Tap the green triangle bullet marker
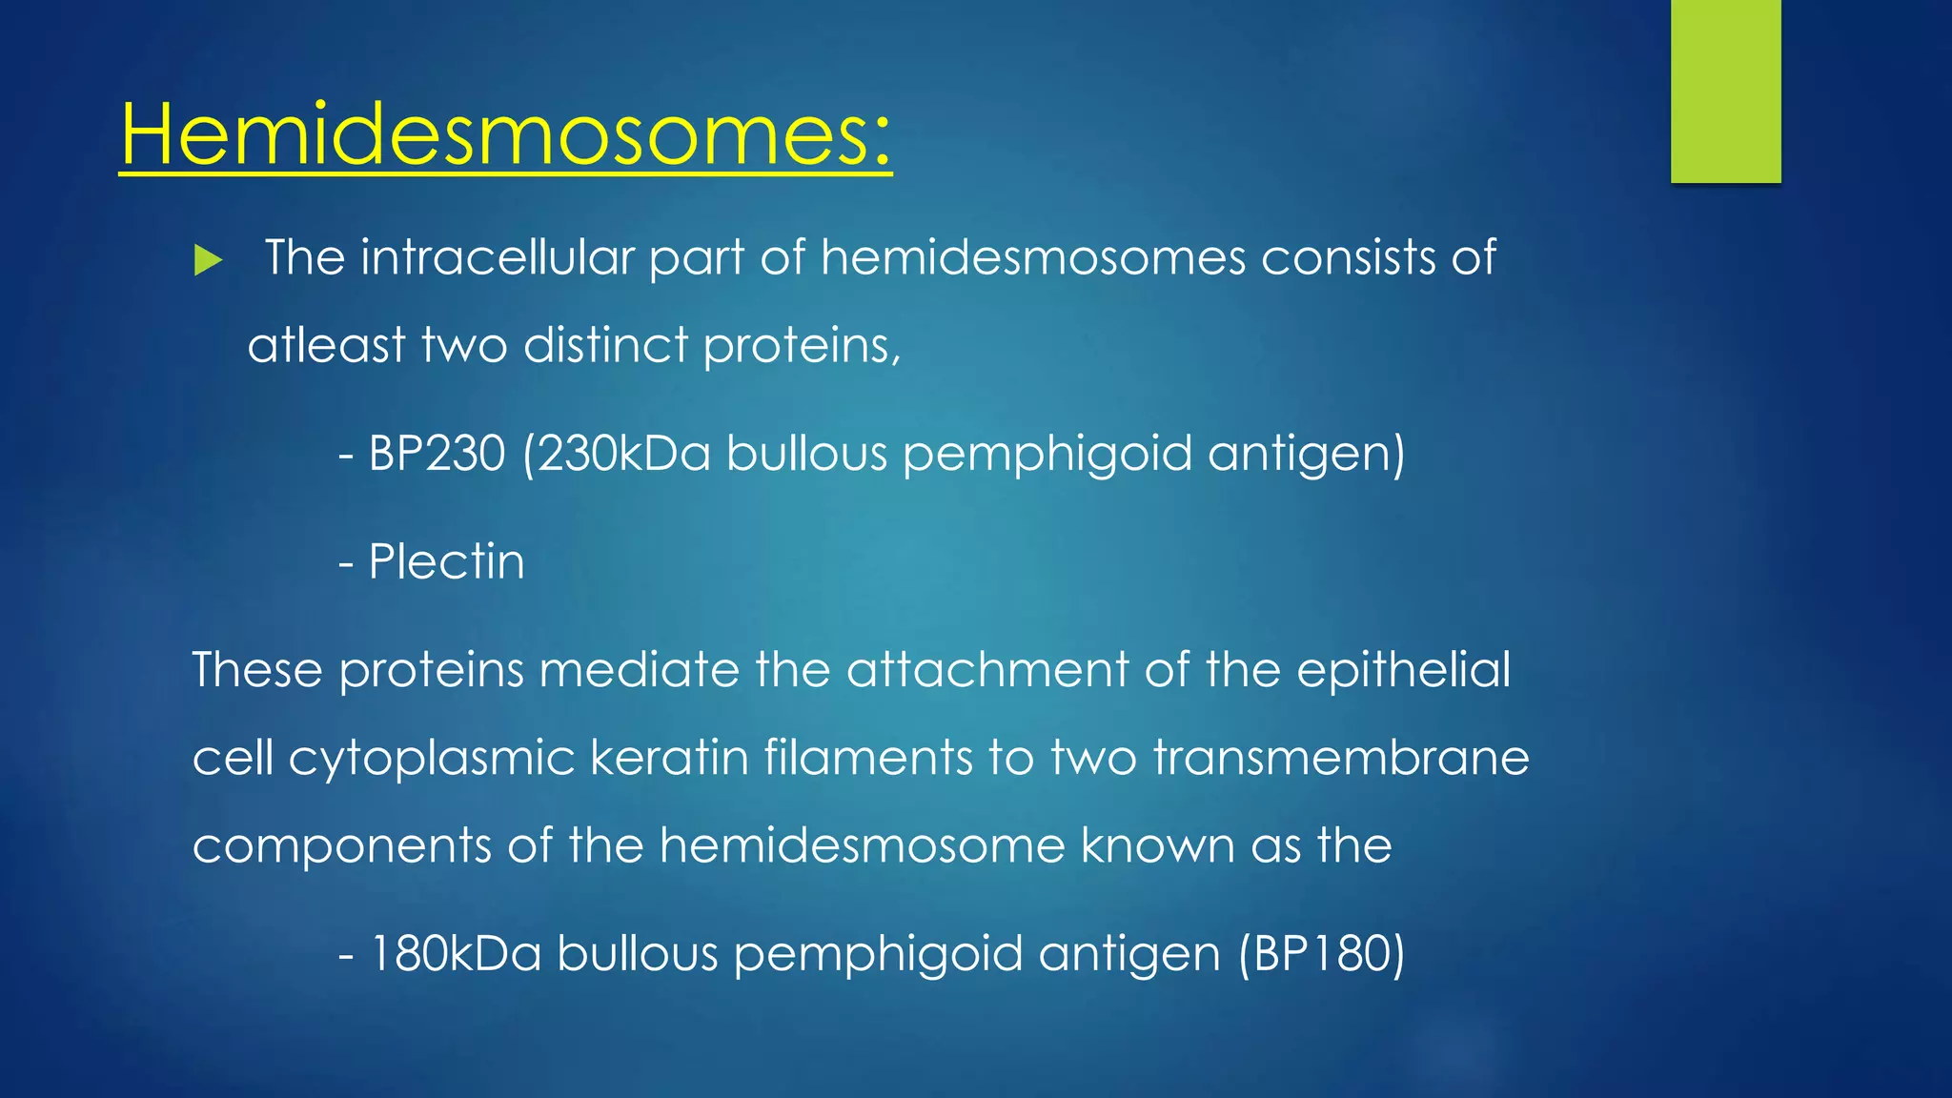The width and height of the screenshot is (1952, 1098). [207, 259]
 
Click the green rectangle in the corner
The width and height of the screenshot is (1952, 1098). [1725, 91]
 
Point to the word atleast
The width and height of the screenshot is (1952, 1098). [326, 345]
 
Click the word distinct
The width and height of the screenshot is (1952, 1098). [605, 345]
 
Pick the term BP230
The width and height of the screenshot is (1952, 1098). [437, 454]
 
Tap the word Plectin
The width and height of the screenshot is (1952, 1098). [446, 561]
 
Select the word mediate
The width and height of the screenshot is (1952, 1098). [639, 669]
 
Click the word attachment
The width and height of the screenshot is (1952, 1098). [987, 669]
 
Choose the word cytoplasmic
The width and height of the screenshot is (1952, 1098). [431, 759]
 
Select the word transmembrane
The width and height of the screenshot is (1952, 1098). [1340, 759]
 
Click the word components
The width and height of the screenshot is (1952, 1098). [341, 846]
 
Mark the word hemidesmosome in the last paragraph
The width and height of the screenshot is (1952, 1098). [862, 846]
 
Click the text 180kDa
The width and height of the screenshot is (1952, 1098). [456, 954]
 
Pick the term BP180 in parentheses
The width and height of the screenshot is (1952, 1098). [1321, 954]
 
